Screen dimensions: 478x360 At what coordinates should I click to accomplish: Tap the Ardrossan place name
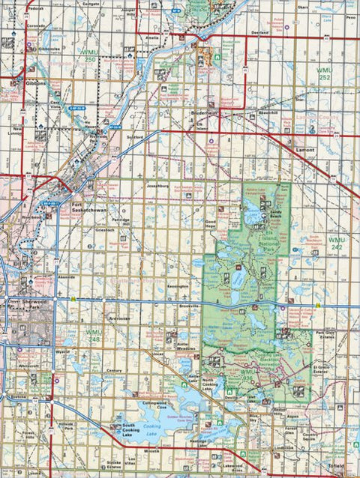point(119,318)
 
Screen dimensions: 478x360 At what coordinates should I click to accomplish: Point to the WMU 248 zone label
point(93,335)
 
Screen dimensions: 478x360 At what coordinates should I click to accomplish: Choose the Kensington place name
point(178,286)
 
